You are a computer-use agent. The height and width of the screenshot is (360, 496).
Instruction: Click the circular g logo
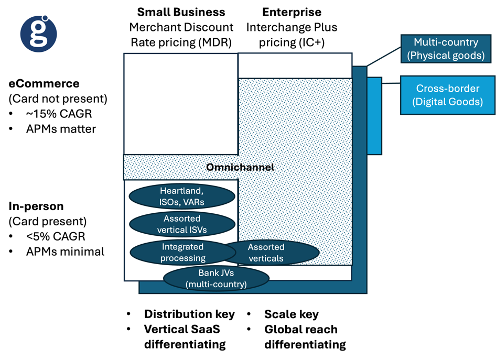tap(39, 34)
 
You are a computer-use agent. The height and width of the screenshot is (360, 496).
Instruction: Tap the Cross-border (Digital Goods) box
tap(447, 95)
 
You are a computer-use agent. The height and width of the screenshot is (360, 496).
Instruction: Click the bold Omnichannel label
tap(240, 167)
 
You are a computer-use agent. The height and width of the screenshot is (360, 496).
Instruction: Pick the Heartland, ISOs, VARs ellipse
tap(181, 197)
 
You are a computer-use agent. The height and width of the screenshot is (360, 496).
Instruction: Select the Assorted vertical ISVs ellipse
tap(181, 224)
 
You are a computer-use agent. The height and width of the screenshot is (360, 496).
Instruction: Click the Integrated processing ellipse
tap(182, 253)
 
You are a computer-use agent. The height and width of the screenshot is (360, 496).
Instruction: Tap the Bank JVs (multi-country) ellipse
tap(216, 279)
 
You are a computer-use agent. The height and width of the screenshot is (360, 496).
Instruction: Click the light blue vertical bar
tap(374, 116)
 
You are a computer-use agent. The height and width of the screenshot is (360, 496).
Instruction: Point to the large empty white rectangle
tap(180, 104)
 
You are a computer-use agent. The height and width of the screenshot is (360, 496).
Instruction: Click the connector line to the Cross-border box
tap(391, 83)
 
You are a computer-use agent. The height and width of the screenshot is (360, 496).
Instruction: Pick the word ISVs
tap(196, 230)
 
